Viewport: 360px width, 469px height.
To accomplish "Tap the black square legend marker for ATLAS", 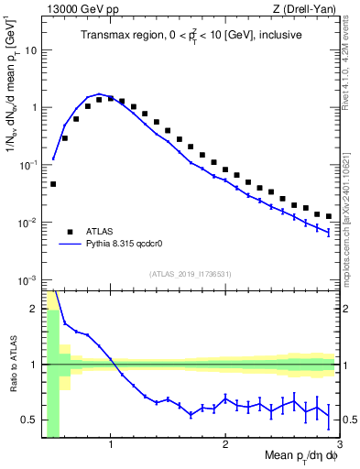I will (69, 231).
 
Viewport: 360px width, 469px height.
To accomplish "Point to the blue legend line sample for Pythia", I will (69, 245).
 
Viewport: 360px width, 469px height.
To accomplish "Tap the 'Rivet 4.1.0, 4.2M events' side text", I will (351, 62).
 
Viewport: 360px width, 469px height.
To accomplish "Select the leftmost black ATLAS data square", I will (53, 184).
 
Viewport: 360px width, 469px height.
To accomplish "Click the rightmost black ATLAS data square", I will (329, 217).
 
